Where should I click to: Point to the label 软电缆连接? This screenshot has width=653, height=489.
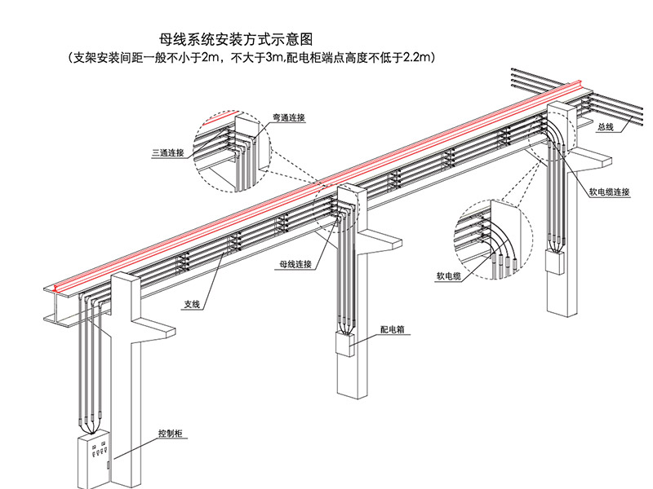[611, 192]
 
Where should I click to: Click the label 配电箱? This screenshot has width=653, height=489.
[393, 332]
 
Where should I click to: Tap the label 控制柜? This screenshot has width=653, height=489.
[171, 434]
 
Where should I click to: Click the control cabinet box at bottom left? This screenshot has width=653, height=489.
[94, 461]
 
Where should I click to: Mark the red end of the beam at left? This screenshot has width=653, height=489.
[55, 287]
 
